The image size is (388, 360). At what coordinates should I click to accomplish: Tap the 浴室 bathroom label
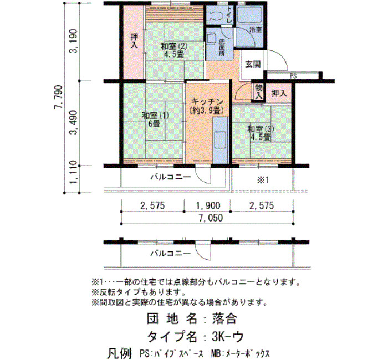tap(256, 30)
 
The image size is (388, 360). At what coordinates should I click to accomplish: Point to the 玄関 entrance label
tap(253, 64)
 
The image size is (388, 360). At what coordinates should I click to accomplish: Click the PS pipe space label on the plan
tap(293, 76)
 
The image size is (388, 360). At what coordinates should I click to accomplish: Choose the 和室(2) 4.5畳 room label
tap(174, 50)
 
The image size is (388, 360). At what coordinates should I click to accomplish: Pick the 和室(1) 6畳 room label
tap(155, 120)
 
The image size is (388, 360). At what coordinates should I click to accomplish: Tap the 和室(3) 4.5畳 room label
tap(261, 133)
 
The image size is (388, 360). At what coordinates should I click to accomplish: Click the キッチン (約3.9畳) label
tap(207, 106)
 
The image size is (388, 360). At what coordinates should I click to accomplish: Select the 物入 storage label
tap(259, 91)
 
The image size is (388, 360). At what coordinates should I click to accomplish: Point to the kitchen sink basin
tap(220, 140)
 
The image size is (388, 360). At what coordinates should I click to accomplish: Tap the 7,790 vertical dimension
tap(59, 97)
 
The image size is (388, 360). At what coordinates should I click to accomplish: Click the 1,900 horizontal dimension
tap(208, 205)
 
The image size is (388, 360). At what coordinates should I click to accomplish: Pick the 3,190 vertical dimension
tap(73, 42)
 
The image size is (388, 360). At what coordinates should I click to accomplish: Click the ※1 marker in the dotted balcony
tap(263, 180)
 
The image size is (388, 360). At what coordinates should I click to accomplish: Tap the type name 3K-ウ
tap(228, 336)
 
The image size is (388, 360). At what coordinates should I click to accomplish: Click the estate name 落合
tap(224, 318)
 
